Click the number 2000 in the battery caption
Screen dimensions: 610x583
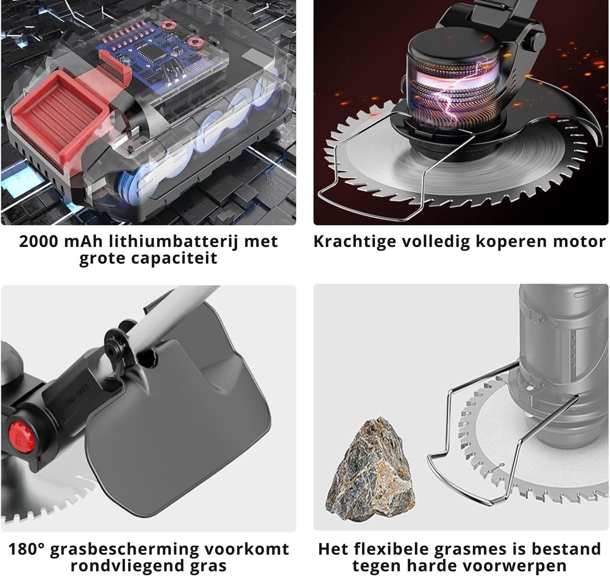pos(39,241)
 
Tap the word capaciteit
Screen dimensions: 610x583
pos(148,258)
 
